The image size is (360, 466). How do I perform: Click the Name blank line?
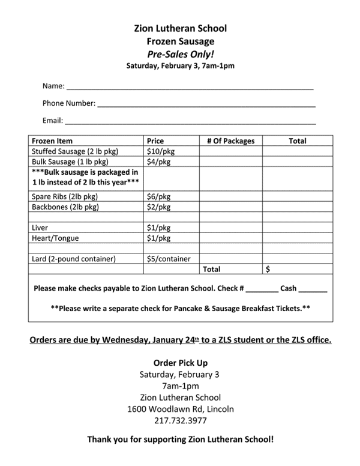point(190,88)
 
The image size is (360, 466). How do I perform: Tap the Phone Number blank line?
point(206,106)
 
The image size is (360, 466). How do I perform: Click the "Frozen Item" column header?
point(52,141)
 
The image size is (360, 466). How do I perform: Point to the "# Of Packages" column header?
point(230,141)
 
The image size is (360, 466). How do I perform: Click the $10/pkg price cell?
point(161,151)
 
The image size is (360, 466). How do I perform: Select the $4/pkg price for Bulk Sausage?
point(159,162)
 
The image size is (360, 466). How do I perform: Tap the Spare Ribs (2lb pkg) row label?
point(65,196)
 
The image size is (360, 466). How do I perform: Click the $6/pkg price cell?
point(159,196)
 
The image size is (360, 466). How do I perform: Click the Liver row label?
point(40,228)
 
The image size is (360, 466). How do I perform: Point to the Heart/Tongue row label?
point(55,238)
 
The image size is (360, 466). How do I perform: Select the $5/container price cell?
point(169,259)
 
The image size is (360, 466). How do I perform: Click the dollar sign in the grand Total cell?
point(268,270)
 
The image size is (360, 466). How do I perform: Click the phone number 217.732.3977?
point(179,420)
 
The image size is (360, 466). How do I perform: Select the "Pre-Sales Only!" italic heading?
point(180,53)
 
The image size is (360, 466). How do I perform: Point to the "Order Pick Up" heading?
point(180,363)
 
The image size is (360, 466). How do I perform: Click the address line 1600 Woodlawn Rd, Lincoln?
point(180,409)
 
